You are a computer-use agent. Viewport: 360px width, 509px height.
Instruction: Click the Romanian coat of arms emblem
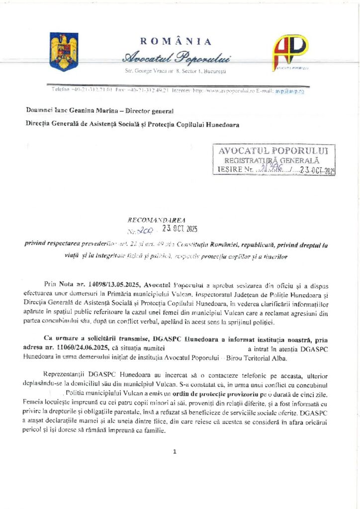64,51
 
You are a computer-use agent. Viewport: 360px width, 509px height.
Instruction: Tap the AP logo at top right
290,52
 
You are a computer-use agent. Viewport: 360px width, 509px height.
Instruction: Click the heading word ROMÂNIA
176,42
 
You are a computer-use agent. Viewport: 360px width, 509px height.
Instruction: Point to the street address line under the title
176,72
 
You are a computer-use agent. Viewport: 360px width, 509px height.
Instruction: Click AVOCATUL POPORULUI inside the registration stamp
273,150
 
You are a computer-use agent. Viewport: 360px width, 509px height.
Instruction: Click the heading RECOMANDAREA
157,219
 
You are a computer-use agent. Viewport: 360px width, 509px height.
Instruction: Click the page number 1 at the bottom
175,452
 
